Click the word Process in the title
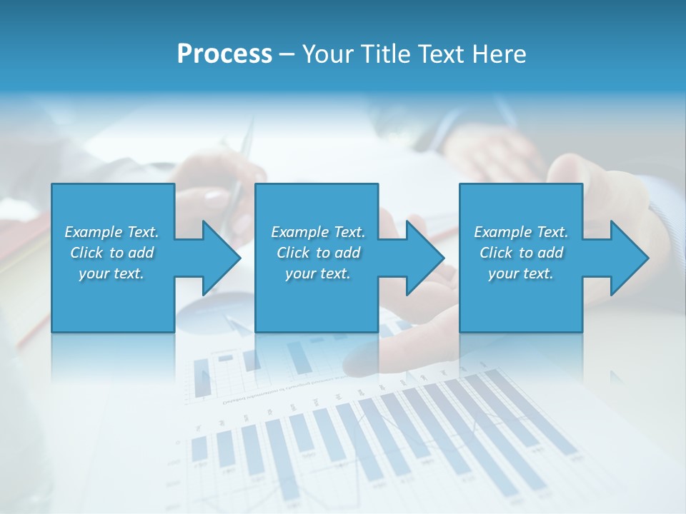224,54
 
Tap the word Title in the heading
387,54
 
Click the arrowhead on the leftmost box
222,258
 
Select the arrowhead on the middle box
425,258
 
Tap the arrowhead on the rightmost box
630,258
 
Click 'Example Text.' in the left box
111,232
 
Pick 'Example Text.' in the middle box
318,232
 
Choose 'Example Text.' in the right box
521,232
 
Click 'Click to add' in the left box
111,253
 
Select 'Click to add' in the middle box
318,253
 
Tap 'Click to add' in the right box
521,253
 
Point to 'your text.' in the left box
111,273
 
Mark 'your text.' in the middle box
318,273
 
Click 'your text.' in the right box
521,273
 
